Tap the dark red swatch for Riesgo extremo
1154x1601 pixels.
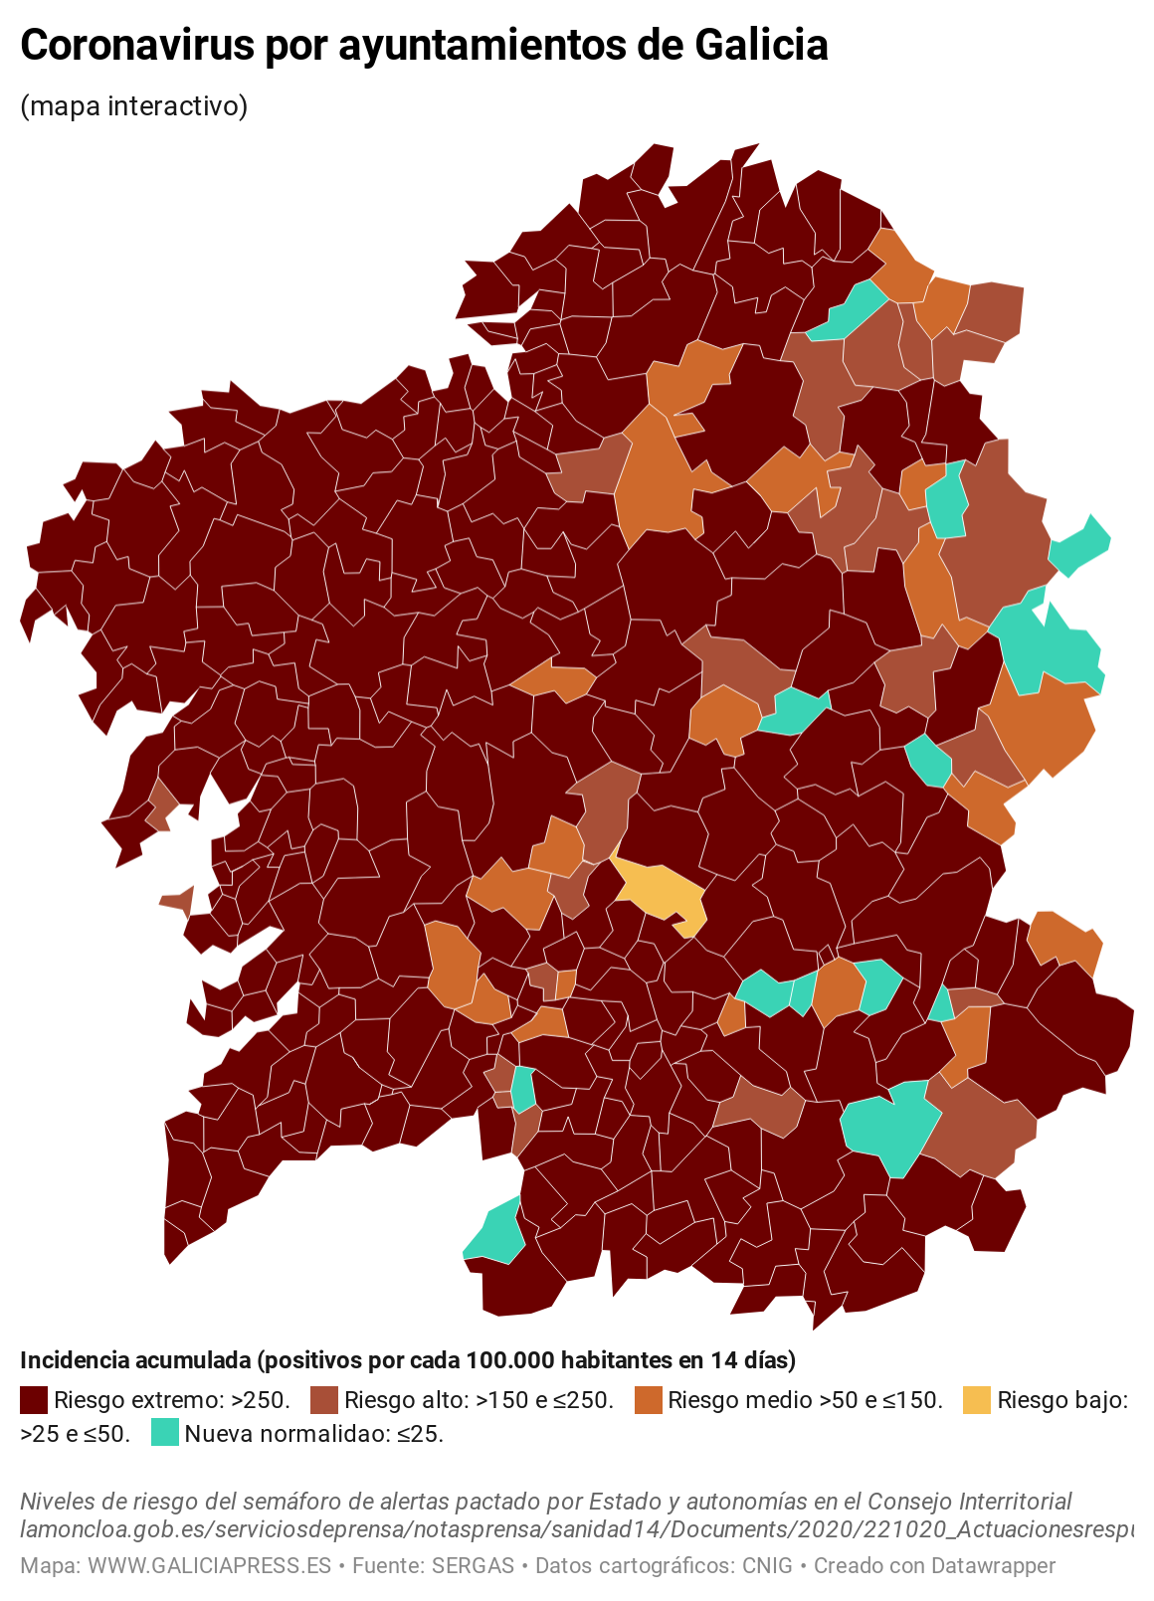click(x=34, y=1400)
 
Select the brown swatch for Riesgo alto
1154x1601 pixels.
click(x=324, y=1400)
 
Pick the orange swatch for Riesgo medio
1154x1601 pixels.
click(x=648, y=1400)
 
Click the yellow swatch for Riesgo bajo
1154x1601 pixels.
click(x=977, y=1400)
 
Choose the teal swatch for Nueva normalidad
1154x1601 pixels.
click(x=164, y=1433)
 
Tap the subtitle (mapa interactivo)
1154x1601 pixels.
click(x=133, y=105)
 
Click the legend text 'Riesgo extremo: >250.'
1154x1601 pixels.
click(x=172, y=1400)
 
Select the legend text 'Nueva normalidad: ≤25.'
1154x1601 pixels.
click(x=314, y=1433)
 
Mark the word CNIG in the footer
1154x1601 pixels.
click(x=767, y=1565)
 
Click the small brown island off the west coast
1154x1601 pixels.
click(x=178, y=901)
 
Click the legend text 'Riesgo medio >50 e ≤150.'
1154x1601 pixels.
click(x=805, y=1400)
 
